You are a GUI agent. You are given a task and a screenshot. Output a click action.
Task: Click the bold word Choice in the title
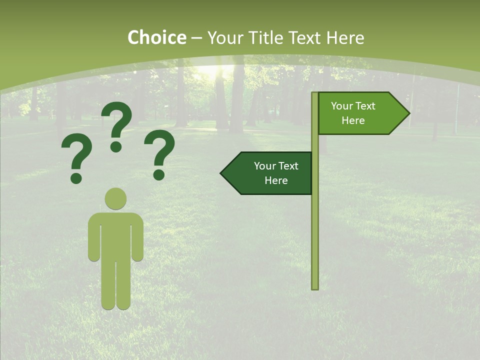click(156, 37)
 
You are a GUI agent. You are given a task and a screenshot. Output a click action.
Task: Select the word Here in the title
click(345, 37)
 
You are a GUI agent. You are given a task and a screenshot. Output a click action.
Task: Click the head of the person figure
click(115, 198)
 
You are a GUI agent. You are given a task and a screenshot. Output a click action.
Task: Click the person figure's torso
click(115, 235)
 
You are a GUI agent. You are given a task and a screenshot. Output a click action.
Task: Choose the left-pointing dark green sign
click(270, 173)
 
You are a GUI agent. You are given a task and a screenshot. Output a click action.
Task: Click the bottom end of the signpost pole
click(315, 287)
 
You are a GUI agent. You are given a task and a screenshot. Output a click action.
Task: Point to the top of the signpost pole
click(315, 94)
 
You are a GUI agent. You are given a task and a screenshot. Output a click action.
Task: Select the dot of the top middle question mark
click(116, 146)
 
